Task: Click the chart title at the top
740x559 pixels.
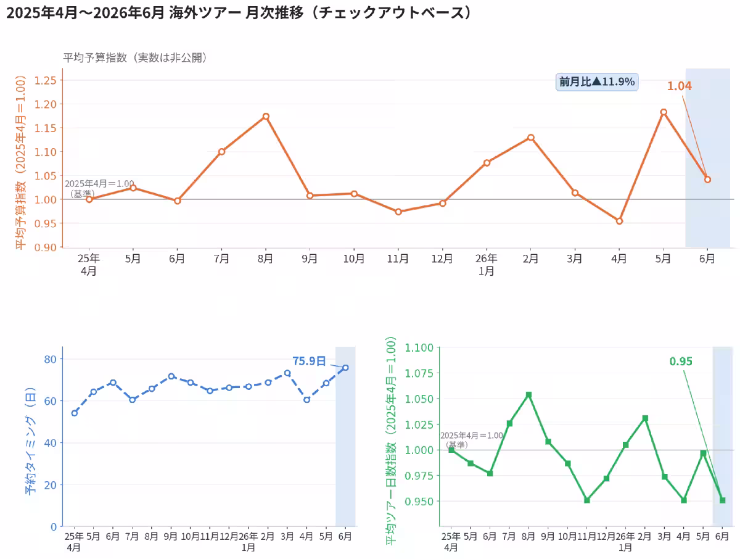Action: tap(239, 13)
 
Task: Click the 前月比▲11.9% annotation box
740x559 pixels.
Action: tap(596, 82)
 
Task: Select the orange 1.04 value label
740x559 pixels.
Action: tap(679, 86)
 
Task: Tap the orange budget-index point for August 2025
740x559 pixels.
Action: tap(266, 117)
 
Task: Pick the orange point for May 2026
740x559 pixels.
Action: tap(663, 112)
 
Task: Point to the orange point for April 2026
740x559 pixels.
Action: tap(619, 221)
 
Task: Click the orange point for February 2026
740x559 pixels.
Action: tap(531, 137)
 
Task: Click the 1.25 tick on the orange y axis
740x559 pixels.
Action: tap(45, 81)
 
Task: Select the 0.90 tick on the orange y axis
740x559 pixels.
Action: tap(45, 247)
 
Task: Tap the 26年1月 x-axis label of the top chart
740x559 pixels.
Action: tap(486, 264)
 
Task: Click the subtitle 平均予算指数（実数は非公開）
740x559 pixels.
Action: tap(135, 57)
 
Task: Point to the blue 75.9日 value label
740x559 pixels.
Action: tap(309, 361)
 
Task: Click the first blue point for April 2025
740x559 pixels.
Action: tap(75, 413)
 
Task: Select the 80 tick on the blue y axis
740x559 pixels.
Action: tap(50, 359)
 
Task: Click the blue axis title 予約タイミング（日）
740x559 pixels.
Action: tap(30, 441)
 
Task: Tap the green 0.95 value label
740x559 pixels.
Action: tap(680, 362)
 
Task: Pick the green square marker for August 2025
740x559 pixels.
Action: tap(528, 394)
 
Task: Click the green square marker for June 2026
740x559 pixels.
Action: tap(722, 500)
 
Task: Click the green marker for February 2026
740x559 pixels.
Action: tap(644, 418)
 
